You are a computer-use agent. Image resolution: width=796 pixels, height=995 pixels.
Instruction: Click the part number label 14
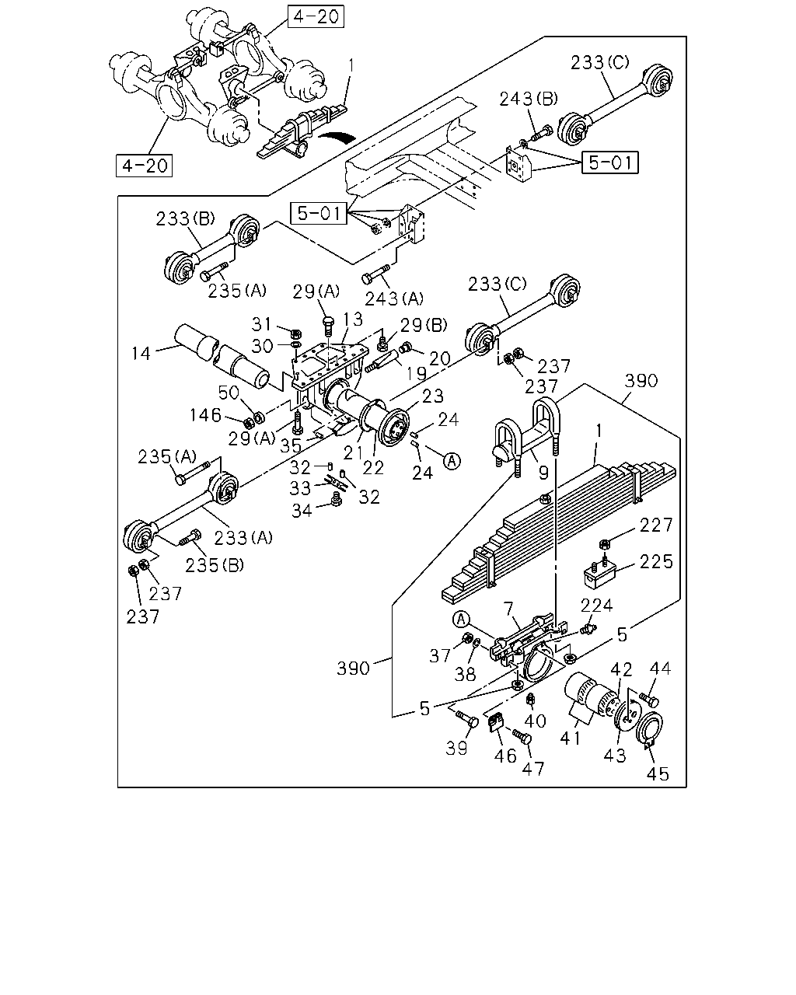coord(141,353)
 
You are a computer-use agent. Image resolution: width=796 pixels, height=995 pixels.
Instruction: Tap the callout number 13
coord(353,319)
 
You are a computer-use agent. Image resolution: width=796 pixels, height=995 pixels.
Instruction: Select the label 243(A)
coord(394,298)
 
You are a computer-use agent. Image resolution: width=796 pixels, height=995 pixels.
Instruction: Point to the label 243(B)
coord(529,99)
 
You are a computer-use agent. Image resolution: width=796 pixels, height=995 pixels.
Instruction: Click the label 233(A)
coord(243,538)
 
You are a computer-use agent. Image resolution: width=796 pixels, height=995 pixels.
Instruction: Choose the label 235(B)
coord(215,565)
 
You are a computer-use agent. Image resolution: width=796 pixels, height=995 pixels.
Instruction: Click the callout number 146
coord(205,415)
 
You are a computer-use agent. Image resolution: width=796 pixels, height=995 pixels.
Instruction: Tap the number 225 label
coord(656,562)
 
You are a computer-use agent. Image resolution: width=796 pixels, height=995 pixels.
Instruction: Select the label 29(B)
coord(424,326)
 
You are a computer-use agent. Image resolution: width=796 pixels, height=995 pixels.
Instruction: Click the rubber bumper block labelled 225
coord(600,574)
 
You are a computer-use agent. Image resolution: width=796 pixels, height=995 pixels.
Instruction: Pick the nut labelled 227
coord(603,544)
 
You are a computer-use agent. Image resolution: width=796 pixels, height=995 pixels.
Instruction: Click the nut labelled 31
coord(296,333)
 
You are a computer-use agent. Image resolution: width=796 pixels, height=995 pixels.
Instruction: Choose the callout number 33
coord(300,488)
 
